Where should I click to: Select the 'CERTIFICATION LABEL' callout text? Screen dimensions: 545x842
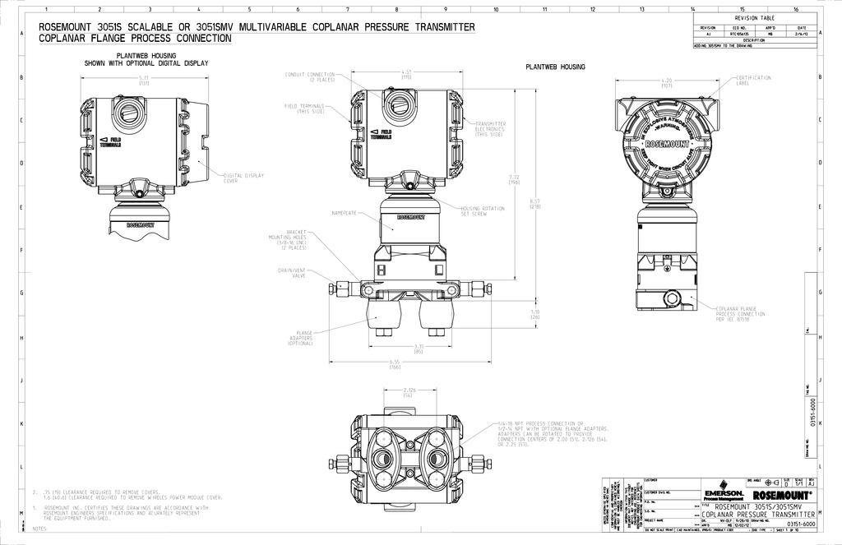click(753, 80)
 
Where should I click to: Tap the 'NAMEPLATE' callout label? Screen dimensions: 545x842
click(344, 213)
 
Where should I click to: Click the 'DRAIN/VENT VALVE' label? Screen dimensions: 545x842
click(294, 272)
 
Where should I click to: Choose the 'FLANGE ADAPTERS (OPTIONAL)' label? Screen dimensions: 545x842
click(300, 338)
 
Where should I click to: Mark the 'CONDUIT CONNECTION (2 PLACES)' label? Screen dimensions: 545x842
click(310, 76)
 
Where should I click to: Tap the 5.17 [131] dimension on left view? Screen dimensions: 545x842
click(144, 81)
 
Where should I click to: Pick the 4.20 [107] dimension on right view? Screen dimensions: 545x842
click(667, 83)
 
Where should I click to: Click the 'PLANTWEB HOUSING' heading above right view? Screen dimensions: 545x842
click(555, 67)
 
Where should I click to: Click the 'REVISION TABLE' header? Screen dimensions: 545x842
click(754, 18)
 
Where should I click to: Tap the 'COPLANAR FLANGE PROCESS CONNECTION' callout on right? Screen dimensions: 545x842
click(740, 313)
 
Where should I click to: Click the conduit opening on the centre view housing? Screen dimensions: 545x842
click(400, 105)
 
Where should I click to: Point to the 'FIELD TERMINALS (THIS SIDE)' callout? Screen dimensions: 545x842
click(304, 109)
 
